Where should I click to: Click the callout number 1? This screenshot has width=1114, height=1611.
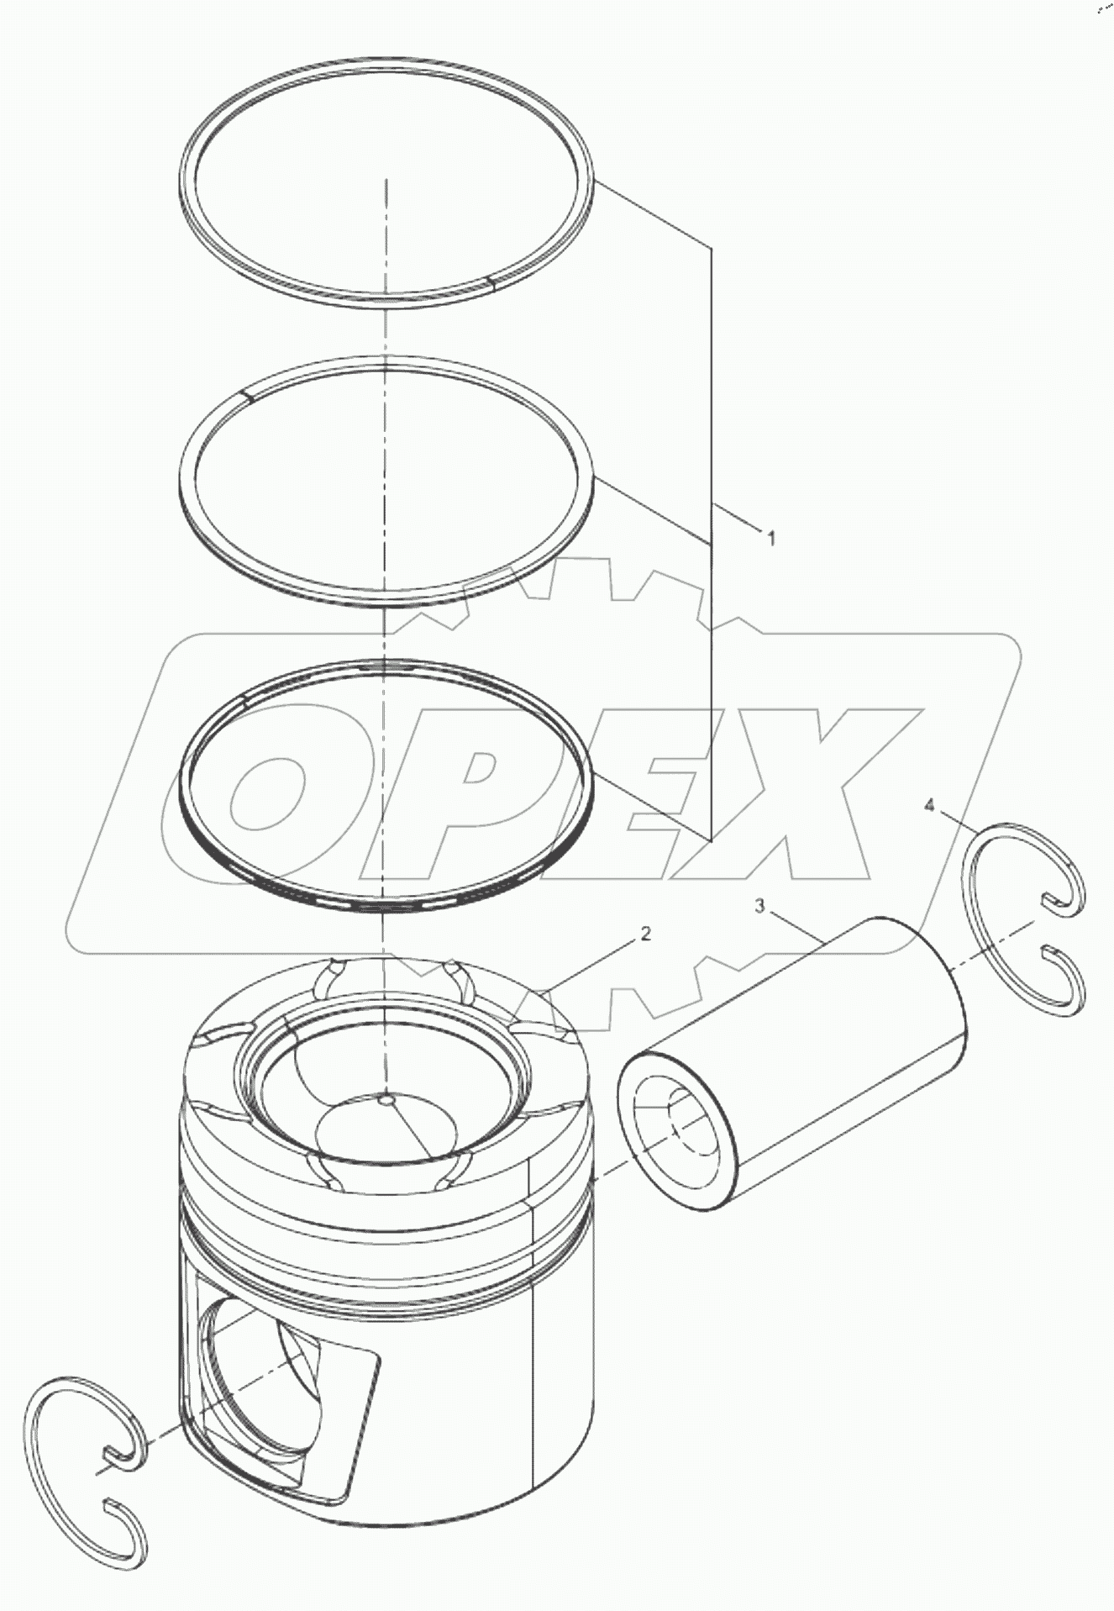(770, 536)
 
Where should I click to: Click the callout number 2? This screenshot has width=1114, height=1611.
(645, 933)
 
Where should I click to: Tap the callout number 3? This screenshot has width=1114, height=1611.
(759, 905)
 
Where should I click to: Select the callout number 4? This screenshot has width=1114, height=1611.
(928, 806)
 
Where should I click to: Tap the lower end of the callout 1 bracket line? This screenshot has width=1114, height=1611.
(712, 839)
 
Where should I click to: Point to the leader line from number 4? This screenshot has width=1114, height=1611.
(953, 820)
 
